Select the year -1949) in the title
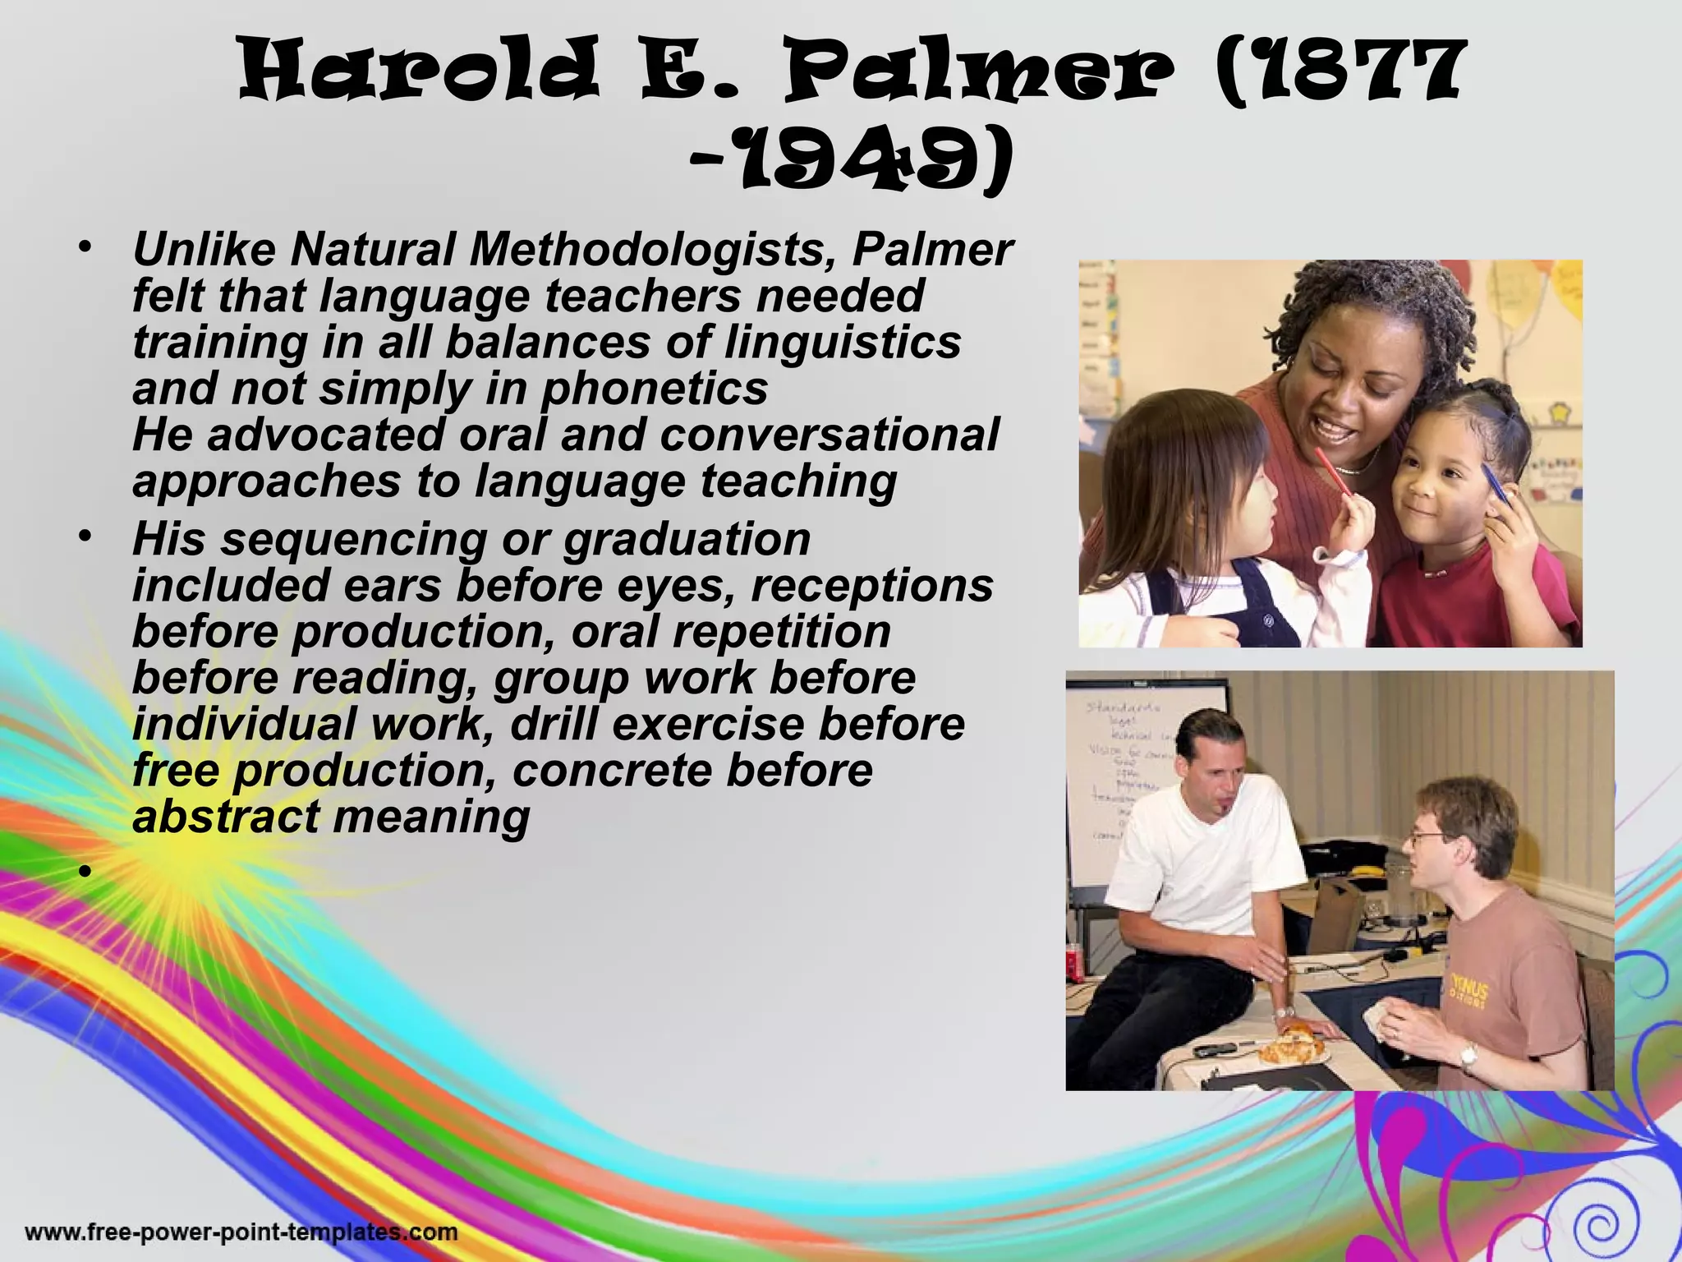coord(850,164)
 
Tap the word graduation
coord(687,540)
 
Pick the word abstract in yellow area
coord(226,817)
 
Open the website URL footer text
coord(241,1232)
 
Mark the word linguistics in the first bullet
coord(842,342)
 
